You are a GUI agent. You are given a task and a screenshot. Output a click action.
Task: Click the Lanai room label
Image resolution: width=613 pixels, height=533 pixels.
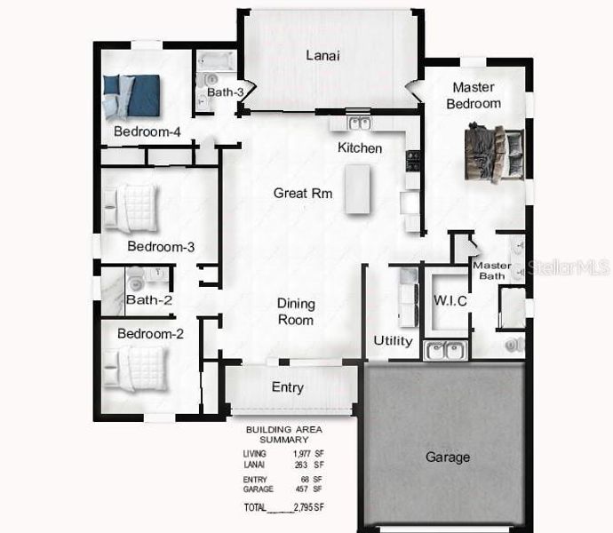tap(322, 55)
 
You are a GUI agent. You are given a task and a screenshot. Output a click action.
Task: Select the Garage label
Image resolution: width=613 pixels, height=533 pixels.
tap(447, 457)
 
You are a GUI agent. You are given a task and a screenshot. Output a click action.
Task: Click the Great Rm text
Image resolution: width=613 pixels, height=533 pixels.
tap(303, 193)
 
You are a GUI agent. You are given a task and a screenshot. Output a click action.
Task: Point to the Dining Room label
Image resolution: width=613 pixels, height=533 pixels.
tap(296, 312)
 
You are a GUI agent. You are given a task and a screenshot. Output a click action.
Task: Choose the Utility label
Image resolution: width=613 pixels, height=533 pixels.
tap(393, 341)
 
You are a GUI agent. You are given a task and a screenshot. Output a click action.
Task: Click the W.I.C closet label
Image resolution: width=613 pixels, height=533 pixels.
tap(450, 301)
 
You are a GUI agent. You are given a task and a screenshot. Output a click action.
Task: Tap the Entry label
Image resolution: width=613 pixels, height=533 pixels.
tap(287, 387)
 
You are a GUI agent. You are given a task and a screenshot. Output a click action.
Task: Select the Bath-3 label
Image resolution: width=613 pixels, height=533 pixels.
tap(226, 91)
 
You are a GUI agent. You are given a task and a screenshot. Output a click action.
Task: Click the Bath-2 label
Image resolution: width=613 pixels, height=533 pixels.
tap(148, 300)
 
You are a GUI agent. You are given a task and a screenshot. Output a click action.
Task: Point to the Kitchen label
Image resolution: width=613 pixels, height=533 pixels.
tap(360, 147)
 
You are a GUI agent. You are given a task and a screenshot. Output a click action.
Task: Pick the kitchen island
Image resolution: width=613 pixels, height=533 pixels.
tap(356, 188)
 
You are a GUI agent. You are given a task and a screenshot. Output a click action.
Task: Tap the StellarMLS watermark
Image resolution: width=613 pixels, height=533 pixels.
tap(569, 266)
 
